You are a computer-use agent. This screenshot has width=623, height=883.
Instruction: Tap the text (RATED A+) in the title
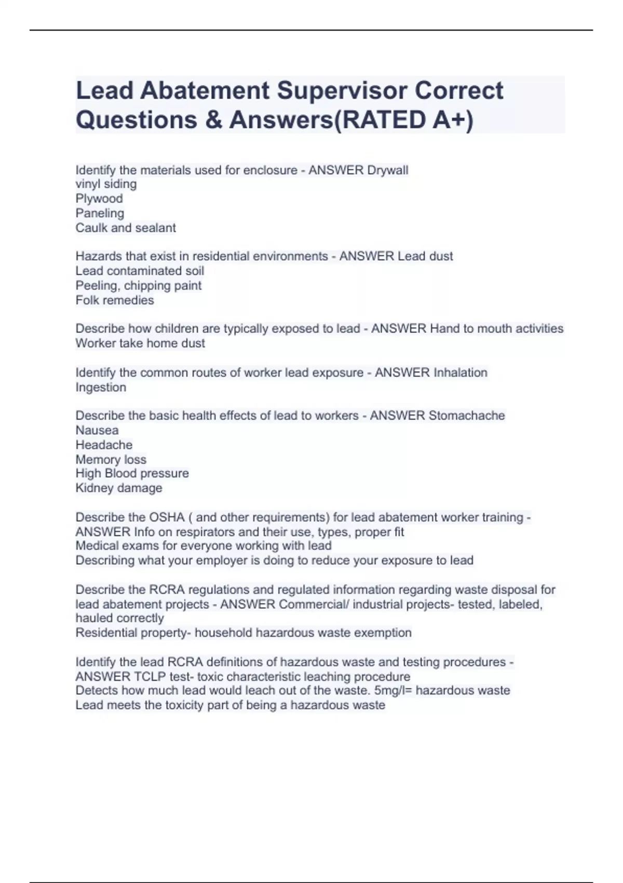tap(402, 120)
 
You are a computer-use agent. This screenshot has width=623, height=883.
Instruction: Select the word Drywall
tap(387, 170)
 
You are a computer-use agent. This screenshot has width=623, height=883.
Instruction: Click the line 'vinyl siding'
tap(106, 184)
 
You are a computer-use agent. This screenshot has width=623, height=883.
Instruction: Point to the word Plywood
tap(99, 198)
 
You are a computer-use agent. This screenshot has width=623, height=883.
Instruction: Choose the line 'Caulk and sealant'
tap(126, 228)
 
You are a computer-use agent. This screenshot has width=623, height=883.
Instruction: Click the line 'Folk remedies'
tap(115, 300)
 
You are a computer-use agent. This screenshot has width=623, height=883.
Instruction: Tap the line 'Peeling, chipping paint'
tap(138, 286)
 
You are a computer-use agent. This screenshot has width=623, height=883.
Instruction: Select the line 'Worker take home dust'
tap(140, 343)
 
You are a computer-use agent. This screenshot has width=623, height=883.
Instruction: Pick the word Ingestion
tap(101, 387)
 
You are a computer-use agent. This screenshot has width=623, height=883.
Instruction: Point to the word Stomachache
tap(467, 416)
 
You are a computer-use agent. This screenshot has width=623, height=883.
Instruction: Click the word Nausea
tap(97, 430)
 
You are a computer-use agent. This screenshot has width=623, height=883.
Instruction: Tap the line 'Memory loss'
tap(111, 460)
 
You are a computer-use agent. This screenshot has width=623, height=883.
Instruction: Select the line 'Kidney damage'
tap(119, 488)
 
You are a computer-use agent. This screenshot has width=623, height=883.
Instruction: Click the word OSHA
tap(167, 517)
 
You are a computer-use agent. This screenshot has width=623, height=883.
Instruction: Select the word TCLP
tap(149, 677)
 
